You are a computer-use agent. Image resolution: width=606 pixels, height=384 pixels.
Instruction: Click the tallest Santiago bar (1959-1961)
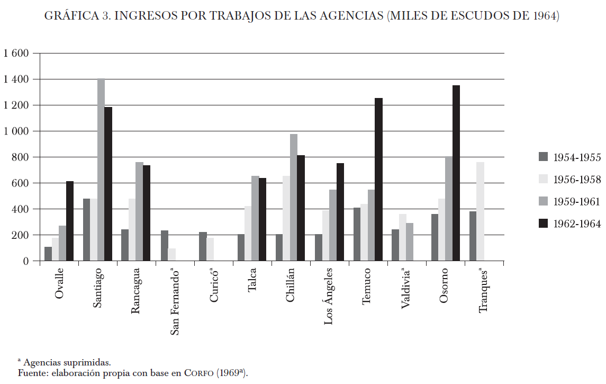point(101,169)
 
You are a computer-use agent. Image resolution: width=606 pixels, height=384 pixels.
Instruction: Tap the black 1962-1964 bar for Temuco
point(378,180)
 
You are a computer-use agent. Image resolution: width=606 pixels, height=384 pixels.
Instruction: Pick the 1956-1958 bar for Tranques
point(481,212)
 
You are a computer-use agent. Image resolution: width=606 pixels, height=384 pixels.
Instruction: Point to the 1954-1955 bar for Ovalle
point(48,254)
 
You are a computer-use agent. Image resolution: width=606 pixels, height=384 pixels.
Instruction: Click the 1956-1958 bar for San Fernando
point(172,255)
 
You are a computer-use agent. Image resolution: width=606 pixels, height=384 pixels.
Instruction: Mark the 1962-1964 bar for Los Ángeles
point(340,212)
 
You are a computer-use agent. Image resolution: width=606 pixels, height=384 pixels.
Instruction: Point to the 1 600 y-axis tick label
point(15,53)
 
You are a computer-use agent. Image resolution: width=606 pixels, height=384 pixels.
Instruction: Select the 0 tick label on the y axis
point(25,261)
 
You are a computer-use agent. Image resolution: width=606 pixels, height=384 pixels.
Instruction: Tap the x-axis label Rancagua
point(135,291)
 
